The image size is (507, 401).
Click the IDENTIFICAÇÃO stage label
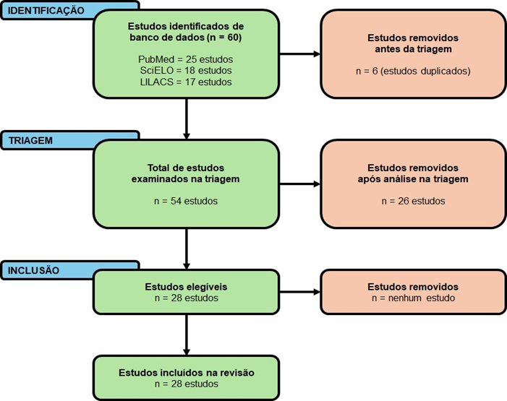pyautogui.click(x=46, y=10)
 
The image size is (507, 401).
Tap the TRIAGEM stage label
pyautogui.click(x=30, y=141)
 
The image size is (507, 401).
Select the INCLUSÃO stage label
pyautogui.click(x=33, y=270)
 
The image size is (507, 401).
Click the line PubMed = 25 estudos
pyautogui.click(x=186, y=59)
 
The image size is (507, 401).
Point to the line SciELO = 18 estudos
pyautogui.click(x=186, y=70)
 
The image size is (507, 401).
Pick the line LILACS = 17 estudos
pyautogui.click(x=186, y=82)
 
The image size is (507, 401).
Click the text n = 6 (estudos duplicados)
pyautogui.click(x=413, y=71)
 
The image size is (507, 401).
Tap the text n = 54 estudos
pyautogui.click(x=186, y=201)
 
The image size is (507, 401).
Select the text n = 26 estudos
pyautogui.click(x=413, y=201)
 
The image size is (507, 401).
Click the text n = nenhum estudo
pyautogui.click(x=413, y=298)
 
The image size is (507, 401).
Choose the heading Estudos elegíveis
pyautogui.click(x=186, y=287)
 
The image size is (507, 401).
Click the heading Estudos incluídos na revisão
pyautogui.click(x=187, y=373)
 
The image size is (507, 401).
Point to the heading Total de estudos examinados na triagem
pyautogui.click(x=186, y=173)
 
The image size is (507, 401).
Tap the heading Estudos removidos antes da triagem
pyautogui.click(x=413, y=43)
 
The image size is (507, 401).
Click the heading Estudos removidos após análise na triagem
pyautogui.click(x=413, y=173)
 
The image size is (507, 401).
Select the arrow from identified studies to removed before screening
pyautogui.click(x=299, y=54)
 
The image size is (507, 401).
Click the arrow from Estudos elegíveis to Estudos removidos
pyautogui.click(x=299, y=292)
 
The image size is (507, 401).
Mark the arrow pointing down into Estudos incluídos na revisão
pyautogui.click(x=187, y=335)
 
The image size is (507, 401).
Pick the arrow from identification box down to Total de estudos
pyautogui.click(x=187, y=119)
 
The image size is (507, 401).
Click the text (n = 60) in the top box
pyautogui.click(x=223, y=38)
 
